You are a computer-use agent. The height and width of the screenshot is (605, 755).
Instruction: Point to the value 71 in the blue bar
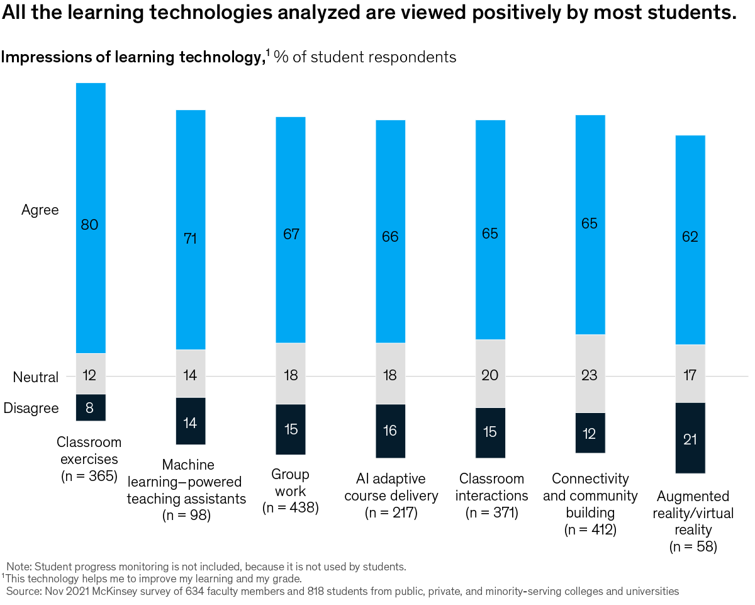[x=191, y=239]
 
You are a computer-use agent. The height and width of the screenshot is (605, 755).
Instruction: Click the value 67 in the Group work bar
[x=291, y=234]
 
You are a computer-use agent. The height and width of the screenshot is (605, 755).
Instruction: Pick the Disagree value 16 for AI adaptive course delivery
[x=390, y=431]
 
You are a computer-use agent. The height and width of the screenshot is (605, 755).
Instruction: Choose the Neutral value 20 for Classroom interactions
[x=490, y=375]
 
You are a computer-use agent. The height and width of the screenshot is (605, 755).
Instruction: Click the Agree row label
[x=40, y=210]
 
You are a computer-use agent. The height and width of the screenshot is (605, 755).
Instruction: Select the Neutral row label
[x=36, y=377]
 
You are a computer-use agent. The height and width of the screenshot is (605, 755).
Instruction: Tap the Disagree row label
[x=31, y=408]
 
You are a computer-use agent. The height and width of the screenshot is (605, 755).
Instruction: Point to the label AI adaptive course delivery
[x=391, y=488]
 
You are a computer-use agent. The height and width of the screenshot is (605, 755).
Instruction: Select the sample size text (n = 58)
[x=693, y=546]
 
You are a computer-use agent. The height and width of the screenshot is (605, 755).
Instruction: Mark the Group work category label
[x=290, y=483]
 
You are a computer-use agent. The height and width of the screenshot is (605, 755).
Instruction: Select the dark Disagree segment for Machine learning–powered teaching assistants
[x=191, y=422]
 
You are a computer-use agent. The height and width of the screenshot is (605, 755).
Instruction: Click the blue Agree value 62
[x=690, y=237]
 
